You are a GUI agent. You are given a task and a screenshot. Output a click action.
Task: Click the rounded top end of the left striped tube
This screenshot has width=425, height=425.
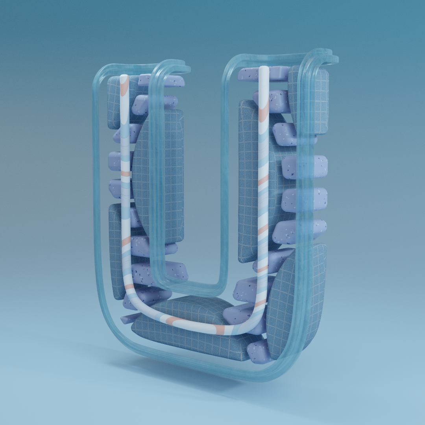coord(124,77)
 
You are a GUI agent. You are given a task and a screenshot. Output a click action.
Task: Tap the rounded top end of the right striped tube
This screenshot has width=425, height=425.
coord(264,68)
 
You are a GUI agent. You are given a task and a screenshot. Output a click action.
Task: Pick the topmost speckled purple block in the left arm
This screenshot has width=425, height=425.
coord(161,80)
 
